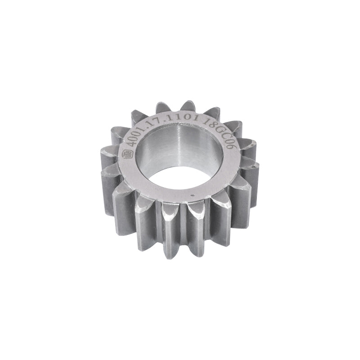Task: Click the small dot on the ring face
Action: click(193, 195)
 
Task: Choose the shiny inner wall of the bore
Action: click(180, 148)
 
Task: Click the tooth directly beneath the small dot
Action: click(197, 225)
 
